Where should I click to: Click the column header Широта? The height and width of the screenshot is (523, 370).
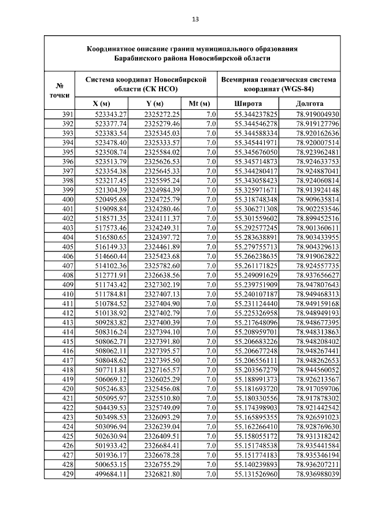click(x=247, y=103)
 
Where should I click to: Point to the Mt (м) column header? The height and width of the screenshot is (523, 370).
click(x=199, y=103)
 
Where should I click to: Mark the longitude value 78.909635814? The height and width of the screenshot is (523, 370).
click(x=317, y=199)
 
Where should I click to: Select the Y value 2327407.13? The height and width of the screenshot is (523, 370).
click(x=162, y=294)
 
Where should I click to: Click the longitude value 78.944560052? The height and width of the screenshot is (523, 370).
click(x=317, y=370)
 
